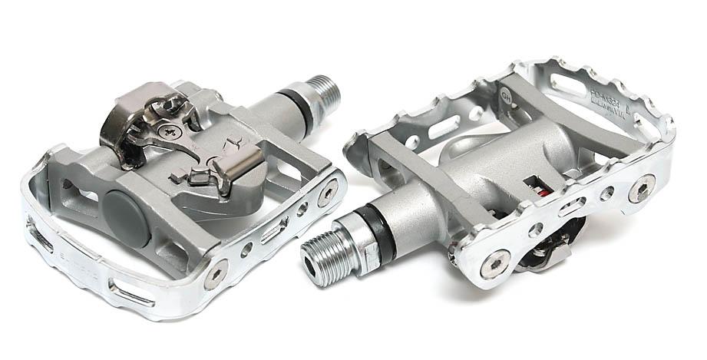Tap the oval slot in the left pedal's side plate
click(x=273, y=232)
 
